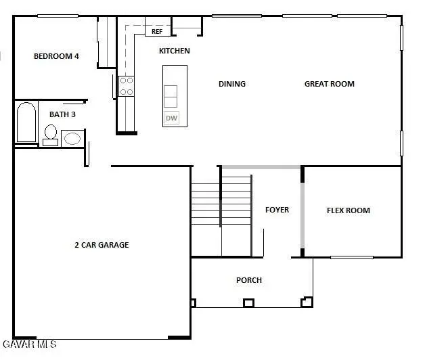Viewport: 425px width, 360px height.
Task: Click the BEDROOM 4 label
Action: (56, 56)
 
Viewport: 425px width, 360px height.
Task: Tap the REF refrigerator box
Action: (157, 31)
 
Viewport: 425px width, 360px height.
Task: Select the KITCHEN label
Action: (174, 51)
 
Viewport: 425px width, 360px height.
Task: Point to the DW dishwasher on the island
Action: (171, 118)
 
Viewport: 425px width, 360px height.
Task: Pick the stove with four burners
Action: (127, 85)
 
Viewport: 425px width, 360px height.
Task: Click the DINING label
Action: (231, 84)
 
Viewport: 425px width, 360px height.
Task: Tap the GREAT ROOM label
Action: (329, 84)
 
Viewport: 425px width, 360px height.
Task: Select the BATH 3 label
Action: (62, 114)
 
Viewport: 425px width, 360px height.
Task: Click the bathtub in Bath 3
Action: (26, 122)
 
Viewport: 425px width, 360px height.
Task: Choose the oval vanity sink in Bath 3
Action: (71, 139)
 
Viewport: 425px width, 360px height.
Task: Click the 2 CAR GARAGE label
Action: (102, 245)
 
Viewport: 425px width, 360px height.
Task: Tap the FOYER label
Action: (277, 210)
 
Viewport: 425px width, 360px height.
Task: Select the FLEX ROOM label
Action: (348, 210)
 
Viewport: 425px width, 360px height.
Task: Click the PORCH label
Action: (248, 280)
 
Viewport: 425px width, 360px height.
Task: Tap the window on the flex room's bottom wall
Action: (351, 257)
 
